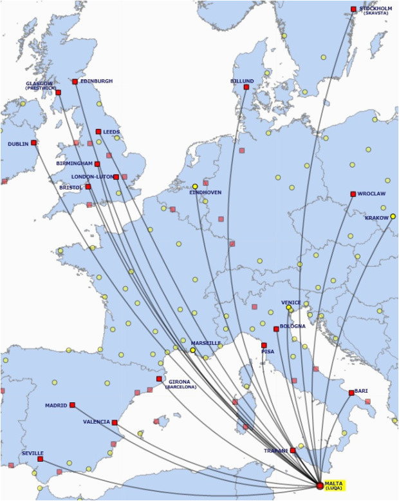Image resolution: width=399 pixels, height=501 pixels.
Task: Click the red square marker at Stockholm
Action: [353, 9]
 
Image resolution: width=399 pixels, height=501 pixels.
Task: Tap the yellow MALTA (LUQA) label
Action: [335, 485]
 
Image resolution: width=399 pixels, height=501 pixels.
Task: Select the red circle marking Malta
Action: [320, 486]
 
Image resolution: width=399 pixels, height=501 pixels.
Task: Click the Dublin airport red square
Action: [33, 143]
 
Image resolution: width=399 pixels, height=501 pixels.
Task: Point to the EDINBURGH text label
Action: [97, 81]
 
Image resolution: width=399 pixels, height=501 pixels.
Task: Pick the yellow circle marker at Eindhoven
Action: [195, 186]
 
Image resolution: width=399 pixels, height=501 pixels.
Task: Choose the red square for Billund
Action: [246, 87]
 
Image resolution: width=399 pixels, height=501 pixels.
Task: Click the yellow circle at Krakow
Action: [393, 217]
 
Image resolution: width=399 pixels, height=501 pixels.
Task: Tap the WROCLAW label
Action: [372, 193]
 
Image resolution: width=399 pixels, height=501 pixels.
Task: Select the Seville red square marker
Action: [40, 459]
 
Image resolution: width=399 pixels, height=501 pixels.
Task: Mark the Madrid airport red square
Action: [72, 405]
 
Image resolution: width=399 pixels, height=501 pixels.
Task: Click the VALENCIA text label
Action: [97, 422]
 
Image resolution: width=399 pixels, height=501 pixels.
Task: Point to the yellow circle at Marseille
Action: [192, 350]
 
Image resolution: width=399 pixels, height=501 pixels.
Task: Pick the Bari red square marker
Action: [351, 393]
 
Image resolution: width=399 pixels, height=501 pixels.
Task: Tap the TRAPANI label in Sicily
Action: [276, 451]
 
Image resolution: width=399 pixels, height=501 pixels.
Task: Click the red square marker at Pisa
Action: [264, 345]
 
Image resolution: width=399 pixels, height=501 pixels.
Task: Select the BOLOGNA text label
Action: [293, 326]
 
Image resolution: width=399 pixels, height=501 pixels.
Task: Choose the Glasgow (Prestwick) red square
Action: [58, 93]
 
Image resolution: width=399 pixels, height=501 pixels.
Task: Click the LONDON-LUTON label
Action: [92, 176]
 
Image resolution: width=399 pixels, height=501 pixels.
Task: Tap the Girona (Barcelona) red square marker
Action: [159, 379]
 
